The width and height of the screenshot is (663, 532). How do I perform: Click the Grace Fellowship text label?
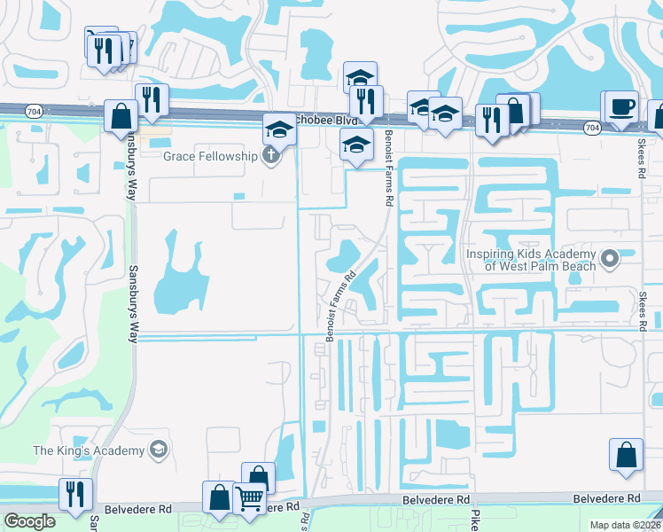[x=210, y=156]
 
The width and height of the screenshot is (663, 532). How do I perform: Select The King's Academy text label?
[x=88, y=450]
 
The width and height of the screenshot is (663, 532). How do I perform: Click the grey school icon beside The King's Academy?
[x=158, y=450]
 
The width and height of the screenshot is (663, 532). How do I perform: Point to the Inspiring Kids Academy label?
[x=531, y=258]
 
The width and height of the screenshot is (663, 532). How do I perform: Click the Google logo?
[x=30, y=520]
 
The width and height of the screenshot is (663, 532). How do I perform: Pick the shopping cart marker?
[x=250, y=499]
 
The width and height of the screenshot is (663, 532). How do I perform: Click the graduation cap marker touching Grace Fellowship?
[x=278, y=130]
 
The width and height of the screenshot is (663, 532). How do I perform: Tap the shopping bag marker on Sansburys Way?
[x=121, y=116]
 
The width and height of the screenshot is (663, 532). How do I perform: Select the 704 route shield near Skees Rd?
[x=591, y=129]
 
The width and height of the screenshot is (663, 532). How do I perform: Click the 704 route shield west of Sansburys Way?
[x=34, y=112]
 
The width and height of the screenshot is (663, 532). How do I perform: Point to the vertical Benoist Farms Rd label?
[x=388, y=168]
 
